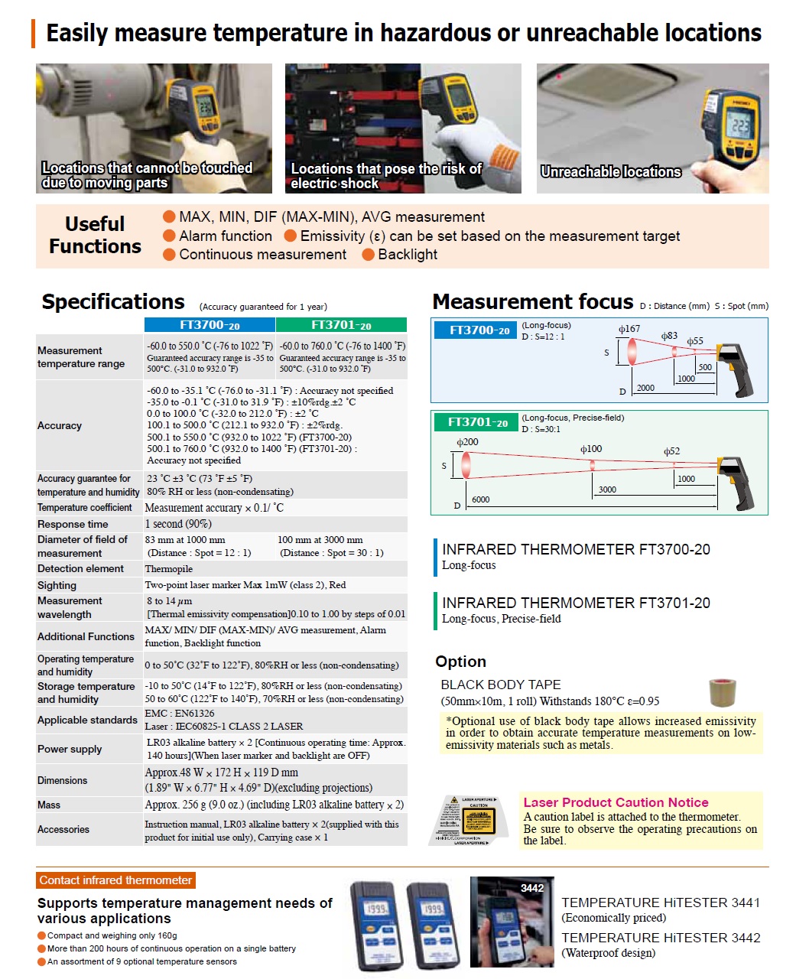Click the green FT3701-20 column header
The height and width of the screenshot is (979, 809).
click(341, 325)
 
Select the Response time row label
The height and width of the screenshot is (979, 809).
click(73, 524)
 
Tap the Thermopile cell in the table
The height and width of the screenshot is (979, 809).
click(169, 569)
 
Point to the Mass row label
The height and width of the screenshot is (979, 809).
click(49, 805)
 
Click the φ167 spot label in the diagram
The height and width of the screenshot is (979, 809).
click(629, 329)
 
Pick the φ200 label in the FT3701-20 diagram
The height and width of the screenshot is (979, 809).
click(467, 442)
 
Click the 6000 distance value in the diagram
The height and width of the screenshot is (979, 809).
click(480, 499)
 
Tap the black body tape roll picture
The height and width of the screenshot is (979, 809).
click(722, 691)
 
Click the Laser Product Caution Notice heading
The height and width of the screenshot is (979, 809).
click(616, 802)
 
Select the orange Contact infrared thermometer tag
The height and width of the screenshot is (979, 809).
click(115, 880)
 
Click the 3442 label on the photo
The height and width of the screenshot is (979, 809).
click(532, 888)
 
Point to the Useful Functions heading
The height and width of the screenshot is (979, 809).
click(95, 235)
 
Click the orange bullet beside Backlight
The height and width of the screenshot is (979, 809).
click(368, 255)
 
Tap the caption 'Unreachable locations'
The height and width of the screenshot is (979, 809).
click(610, 172)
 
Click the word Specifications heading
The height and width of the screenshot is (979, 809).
click(113, 302)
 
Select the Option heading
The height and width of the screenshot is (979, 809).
click(460, 662)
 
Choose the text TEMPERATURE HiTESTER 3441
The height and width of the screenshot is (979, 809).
click(661, 903)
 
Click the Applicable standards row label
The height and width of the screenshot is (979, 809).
click(87, 720)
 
